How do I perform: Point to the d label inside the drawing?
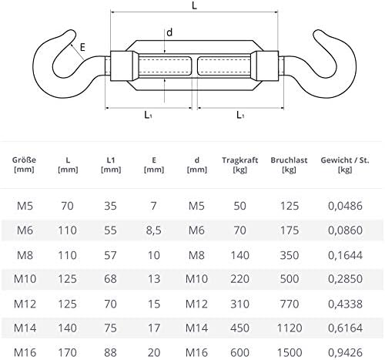pos(169,33)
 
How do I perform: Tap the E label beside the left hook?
pos(81,48)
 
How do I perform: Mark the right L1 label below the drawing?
pos(240,114)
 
